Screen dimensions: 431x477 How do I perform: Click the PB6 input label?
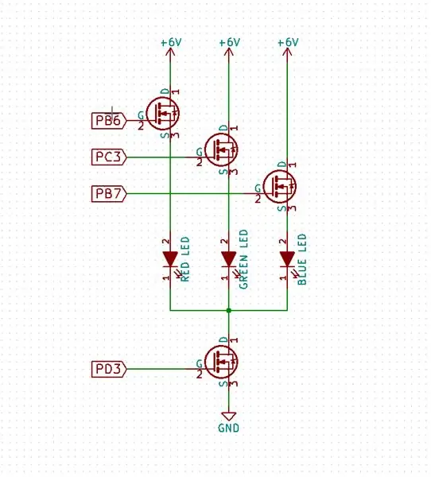109,121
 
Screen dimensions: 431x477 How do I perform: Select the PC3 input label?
109,157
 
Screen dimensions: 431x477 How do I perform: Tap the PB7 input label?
109,193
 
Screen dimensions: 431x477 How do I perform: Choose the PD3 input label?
109,369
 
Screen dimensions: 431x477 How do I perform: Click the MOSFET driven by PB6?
162,113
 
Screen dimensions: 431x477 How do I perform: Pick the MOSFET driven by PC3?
221,149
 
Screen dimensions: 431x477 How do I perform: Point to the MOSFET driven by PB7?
280,186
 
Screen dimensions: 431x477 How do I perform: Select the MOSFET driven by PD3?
221,362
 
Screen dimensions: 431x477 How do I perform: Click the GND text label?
228,428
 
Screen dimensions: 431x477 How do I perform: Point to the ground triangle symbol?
228,417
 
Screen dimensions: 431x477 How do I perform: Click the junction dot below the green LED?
228,310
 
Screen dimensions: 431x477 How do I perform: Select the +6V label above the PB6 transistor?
171,42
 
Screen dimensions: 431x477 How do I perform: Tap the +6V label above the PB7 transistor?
288,42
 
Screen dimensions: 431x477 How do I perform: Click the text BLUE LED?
302,259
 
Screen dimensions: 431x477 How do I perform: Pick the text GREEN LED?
243,259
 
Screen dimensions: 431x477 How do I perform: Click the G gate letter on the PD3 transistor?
200,363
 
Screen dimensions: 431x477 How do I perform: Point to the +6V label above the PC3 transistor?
230,42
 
